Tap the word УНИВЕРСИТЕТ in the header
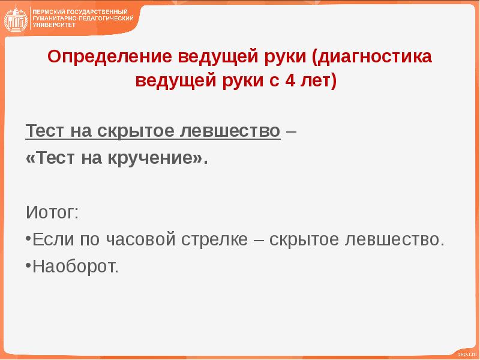coord(53,25)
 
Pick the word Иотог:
coord(52,212)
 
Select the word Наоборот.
coord(76,266)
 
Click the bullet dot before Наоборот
coord(28,263)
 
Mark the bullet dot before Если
coord(28,238)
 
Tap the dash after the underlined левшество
coord(291,131)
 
